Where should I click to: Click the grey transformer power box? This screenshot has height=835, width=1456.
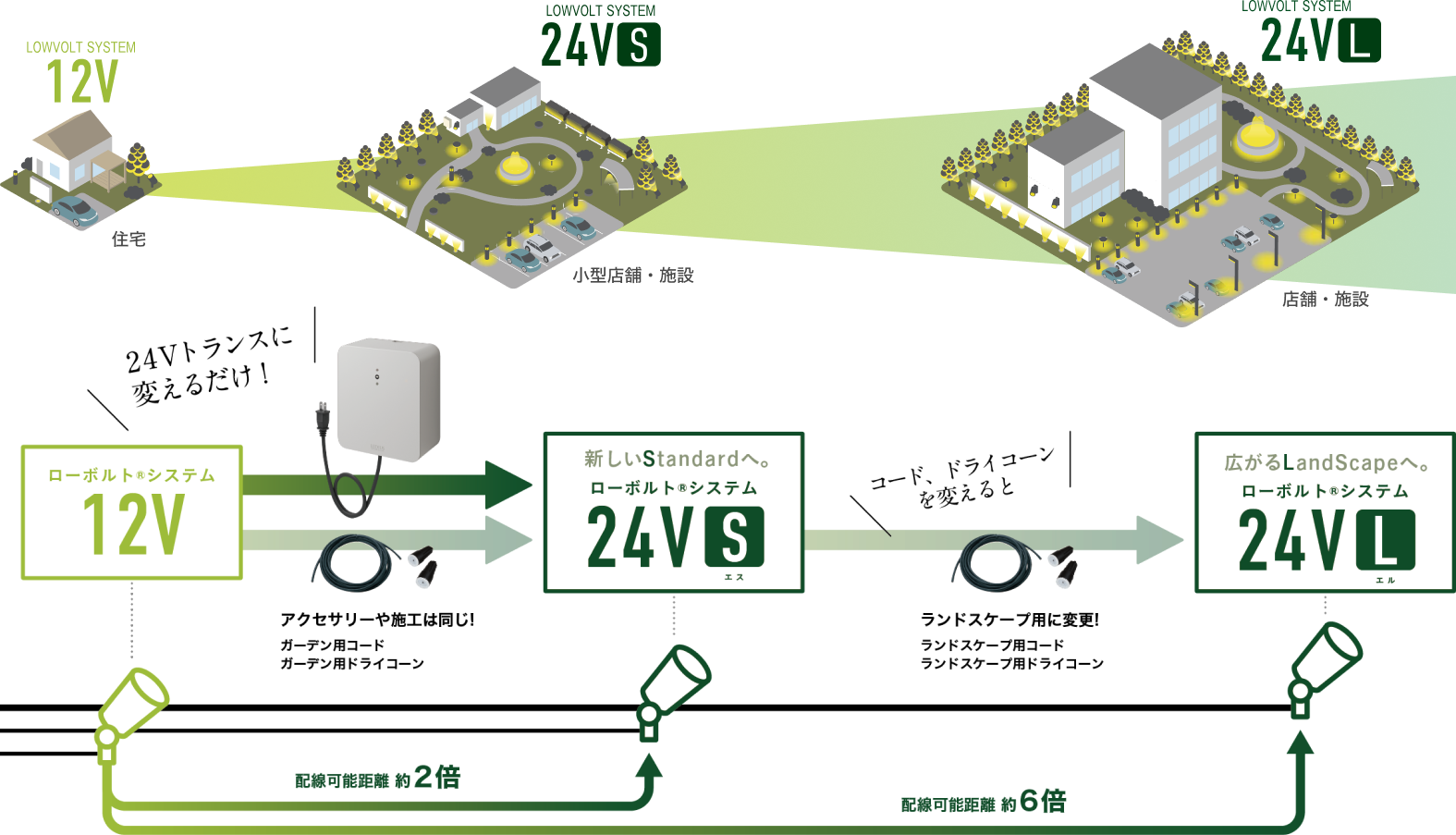point(388,399)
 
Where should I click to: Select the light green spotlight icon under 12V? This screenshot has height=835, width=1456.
point(132,712)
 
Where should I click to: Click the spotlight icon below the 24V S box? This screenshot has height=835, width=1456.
point(674,689)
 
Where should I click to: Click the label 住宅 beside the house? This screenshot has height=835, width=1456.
point(128,239)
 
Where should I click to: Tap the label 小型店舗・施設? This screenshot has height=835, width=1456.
point(632,276)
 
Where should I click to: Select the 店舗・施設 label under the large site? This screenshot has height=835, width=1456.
point(1325,299)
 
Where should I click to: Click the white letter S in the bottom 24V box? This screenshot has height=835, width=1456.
point(734,537)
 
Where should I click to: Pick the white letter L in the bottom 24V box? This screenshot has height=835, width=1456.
point(1385,541)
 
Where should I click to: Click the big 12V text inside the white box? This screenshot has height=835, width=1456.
point(133,524)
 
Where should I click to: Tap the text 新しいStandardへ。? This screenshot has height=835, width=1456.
point(678,459)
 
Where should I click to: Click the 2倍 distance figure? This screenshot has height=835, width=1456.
point(437,777)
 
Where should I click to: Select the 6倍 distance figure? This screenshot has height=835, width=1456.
point(1043,801)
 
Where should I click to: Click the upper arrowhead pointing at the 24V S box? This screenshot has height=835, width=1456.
point(508,484)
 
